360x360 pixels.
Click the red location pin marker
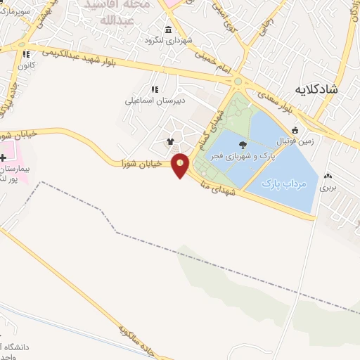181,165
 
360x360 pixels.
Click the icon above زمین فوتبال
296,129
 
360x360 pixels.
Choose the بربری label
328,187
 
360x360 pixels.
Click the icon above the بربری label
328,176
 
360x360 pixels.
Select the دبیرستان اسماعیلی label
155,101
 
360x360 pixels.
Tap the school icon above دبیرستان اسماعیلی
155,89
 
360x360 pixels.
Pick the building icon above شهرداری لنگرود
168,30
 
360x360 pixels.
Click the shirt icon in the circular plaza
169,141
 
